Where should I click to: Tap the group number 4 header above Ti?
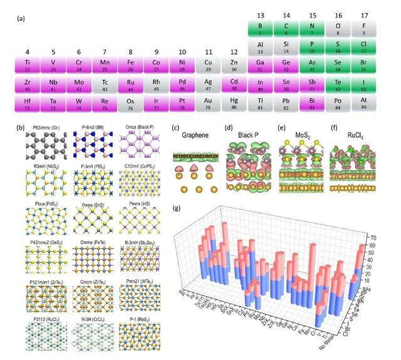pos(28,52)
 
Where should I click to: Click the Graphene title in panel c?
pos(192,135)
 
